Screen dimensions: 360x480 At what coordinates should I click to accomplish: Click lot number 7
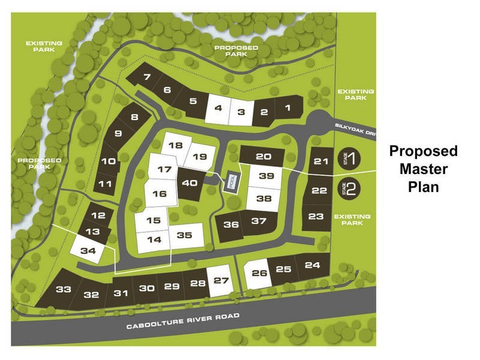(147, 77)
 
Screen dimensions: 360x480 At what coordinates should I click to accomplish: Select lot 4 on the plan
(218, 109)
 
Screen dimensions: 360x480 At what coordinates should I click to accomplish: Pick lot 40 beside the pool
(190, 184)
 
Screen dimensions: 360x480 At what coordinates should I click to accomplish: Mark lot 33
(64, 290)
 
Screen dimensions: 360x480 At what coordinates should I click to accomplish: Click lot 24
(313, 265)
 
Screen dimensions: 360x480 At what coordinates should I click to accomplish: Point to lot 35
(184, 235)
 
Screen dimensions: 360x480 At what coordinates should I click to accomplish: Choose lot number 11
(106, 184)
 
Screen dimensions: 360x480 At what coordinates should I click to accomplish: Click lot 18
(175, 145)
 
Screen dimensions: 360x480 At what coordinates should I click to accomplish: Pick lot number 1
(287, 109)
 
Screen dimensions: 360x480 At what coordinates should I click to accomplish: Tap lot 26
(259, 274)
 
